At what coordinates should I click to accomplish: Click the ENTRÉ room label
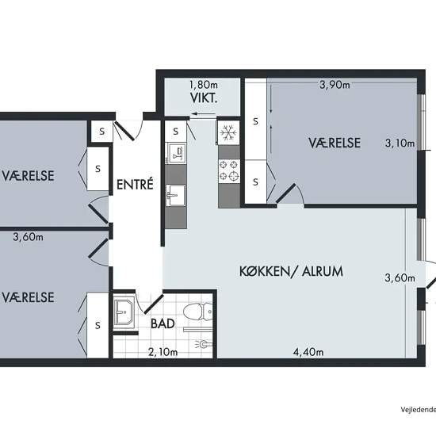(x=135, y=184)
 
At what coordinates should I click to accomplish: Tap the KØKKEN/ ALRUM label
(x=291, y=271)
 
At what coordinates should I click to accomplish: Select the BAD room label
(x=163, y=323)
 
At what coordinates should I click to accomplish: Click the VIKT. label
(x=204, y=98)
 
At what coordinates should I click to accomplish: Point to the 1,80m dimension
(x=204, y=84)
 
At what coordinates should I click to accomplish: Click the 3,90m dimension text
(x=335, y=84)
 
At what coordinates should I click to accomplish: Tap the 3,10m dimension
(x=400, y=143)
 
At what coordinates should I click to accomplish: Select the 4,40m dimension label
(x=308, y=352)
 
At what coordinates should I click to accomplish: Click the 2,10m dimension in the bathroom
(x=163, y=352)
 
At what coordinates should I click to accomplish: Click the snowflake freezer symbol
(x=228, y=132)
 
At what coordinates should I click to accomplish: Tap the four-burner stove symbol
(x=229, y=171)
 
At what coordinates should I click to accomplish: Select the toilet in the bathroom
(x=197, y=312)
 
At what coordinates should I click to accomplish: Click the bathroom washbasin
(x=124, y=312)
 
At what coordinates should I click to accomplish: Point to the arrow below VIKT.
(x=203, y=113)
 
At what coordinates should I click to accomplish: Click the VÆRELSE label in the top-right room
(x=335, y=143)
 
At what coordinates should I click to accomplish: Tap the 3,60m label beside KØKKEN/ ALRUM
(x=400, y=277)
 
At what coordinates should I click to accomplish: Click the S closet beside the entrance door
(x=102, y=132)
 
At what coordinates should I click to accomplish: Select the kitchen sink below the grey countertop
(x=175, y=195)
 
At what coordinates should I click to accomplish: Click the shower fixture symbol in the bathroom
(x=204, y=344)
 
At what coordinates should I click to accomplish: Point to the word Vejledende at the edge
(x=419, y=410)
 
